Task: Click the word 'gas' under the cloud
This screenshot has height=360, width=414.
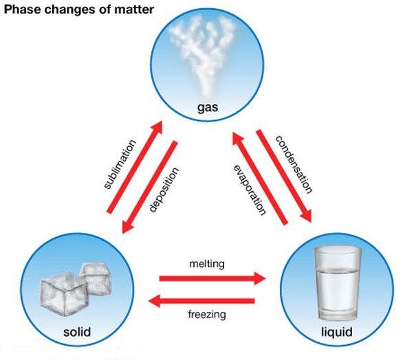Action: pos(208,107)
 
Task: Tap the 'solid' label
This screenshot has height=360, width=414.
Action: pos(77,331)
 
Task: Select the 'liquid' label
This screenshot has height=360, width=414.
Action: pos(337,332)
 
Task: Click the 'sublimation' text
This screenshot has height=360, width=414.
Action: pos(120,165)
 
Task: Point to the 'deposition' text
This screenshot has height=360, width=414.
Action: pos(164,190)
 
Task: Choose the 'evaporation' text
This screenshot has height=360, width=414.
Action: pos(250,190)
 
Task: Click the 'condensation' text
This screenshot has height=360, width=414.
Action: pos(294,165)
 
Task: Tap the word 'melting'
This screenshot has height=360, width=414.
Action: pos(207,264)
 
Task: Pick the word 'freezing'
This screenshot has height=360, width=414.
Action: pos(207,315)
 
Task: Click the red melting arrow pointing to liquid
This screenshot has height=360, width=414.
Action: pos(213,278)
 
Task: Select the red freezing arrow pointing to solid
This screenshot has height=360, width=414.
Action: pos(201,301)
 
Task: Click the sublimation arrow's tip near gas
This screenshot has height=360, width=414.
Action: pos(162,122)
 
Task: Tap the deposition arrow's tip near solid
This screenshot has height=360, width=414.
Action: pos(123,233)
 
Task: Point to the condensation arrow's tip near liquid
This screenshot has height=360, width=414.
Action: pos(311,222)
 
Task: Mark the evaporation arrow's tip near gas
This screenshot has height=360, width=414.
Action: pos(233,133)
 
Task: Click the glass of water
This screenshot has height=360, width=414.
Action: pos(337,284)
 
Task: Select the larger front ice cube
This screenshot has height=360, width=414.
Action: pos(63,294)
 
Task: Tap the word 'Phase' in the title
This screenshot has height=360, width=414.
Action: pos(23,10)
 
